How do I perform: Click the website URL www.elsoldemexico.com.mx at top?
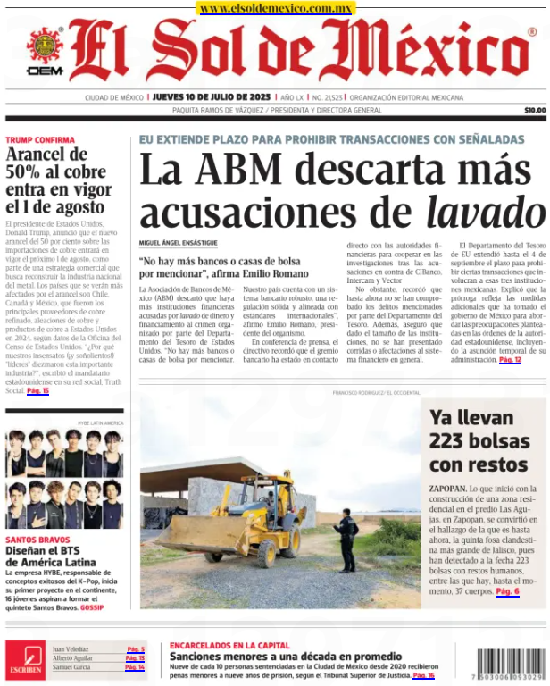click(x=275, y=8)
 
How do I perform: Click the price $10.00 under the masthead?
click(x=534, y=110)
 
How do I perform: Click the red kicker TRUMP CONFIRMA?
click(x=39, y=140)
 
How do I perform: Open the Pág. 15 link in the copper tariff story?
click(x=37, y=391)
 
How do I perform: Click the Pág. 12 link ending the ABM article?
click(x=510, y=360)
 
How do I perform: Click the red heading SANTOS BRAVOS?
click(x=38, y=540)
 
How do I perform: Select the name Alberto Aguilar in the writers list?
click(x=71, y=658)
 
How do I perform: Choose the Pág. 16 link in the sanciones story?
click(x=423, y=676)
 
